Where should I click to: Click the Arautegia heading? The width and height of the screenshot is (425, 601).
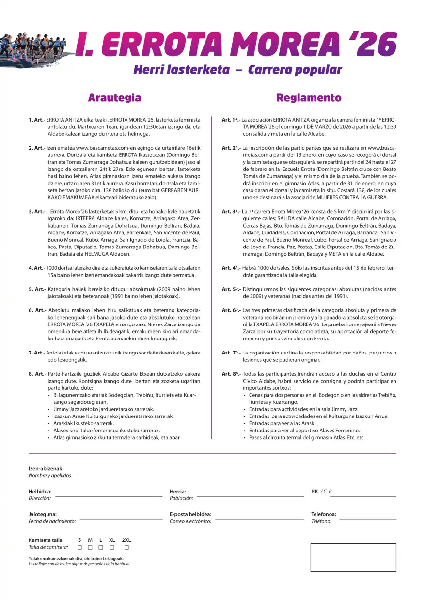[x=114, y=98]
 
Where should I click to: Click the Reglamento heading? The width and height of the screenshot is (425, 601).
[x=309, y=98]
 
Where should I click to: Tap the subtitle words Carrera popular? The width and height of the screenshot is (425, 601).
[x=295, y=70]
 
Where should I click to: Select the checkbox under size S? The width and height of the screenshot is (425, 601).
[x=79, y=547]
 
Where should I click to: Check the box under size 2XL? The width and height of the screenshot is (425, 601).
[x=126, y=547]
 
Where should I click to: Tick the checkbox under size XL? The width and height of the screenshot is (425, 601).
[x=112, y=547]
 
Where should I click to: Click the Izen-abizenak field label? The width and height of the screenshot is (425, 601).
[x=46, y=469]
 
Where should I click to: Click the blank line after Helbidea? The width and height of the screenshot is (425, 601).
[x=109, y=496]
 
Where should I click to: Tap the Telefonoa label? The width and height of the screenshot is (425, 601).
[x=323, y=514]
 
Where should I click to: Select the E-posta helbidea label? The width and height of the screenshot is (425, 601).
[x=190, y=514]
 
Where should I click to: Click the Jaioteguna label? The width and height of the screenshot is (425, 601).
[x=43, y=514]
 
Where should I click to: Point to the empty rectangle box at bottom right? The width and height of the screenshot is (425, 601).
[x=353, y=557]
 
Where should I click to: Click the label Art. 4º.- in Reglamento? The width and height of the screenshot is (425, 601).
[x=231, y=268]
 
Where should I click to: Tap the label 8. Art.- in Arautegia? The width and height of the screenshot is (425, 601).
[x=37, y=374]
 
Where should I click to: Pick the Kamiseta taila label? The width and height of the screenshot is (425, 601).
[x=46, y=540]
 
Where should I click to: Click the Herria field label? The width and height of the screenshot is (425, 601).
[x=178, y=492]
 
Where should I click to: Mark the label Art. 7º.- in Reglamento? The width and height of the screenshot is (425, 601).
[x=231, y=353]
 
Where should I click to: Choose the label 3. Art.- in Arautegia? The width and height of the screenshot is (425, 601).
[x=37, y=211]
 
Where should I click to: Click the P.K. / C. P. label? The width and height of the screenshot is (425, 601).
[x=321, y=492]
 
